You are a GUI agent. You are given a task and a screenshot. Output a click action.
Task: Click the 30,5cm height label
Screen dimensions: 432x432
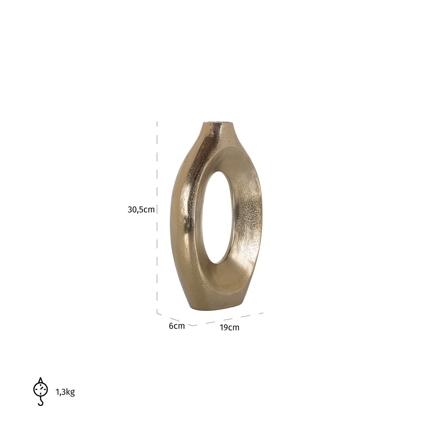pyautogui.click(x=141, y=210)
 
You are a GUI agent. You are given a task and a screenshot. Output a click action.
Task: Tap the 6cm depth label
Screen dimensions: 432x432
pyautogui.click(x=177, y=326)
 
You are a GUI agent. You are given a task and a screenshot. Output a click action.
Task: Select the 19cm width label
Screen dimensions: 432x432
pyautogui.click(x=230, y=327)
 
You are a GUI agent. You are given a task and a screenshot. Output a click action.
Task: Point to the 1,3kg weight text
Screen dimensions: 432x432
pyautogui.click(x=65, y=392)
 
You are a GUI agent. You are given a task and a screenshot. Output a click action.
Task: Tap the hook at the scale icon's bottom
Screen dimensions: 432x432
pyautogui.click(x=40, y=402)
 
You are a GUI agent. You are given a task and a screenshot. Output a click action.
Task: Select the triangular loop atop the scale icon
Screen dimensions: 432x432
pyautogui.click(x=40, y=380)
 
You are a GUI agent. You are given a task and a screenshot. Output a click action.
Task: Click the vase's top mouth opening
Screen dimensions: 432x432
pyautogui.click(x=218, y=121)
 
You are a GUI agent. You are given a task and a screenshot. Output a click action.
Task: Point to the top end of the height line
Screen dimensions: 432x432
pyautogui.click(x=157, y=123)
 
